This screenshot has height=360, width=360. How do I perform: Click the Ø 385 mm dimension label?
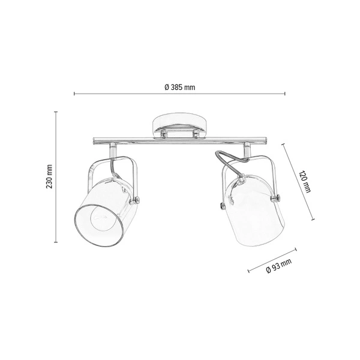pyautogui.click(x=180, y=87)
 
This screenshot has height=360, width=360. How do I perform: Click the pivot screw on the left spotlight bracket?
pyautogui.click(x=138, y=199)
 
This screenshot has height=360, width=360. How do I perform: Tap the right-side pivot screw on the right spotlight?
pyautogui.click(x=277, y=197)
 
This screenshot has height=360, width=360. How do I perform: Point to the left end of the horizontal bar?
pyautogui.click(x=94, y=142)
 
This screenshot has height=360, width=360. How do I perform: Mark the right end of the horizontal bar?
pyautogui.click(x=271, y=142)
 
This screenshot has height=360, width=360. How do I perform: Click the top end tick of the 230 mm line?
pyautogui.click(x=56, y=112)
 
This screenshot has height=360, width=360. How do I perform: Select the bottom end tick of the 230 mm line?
pyautogui.click(x=56, y=242)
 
